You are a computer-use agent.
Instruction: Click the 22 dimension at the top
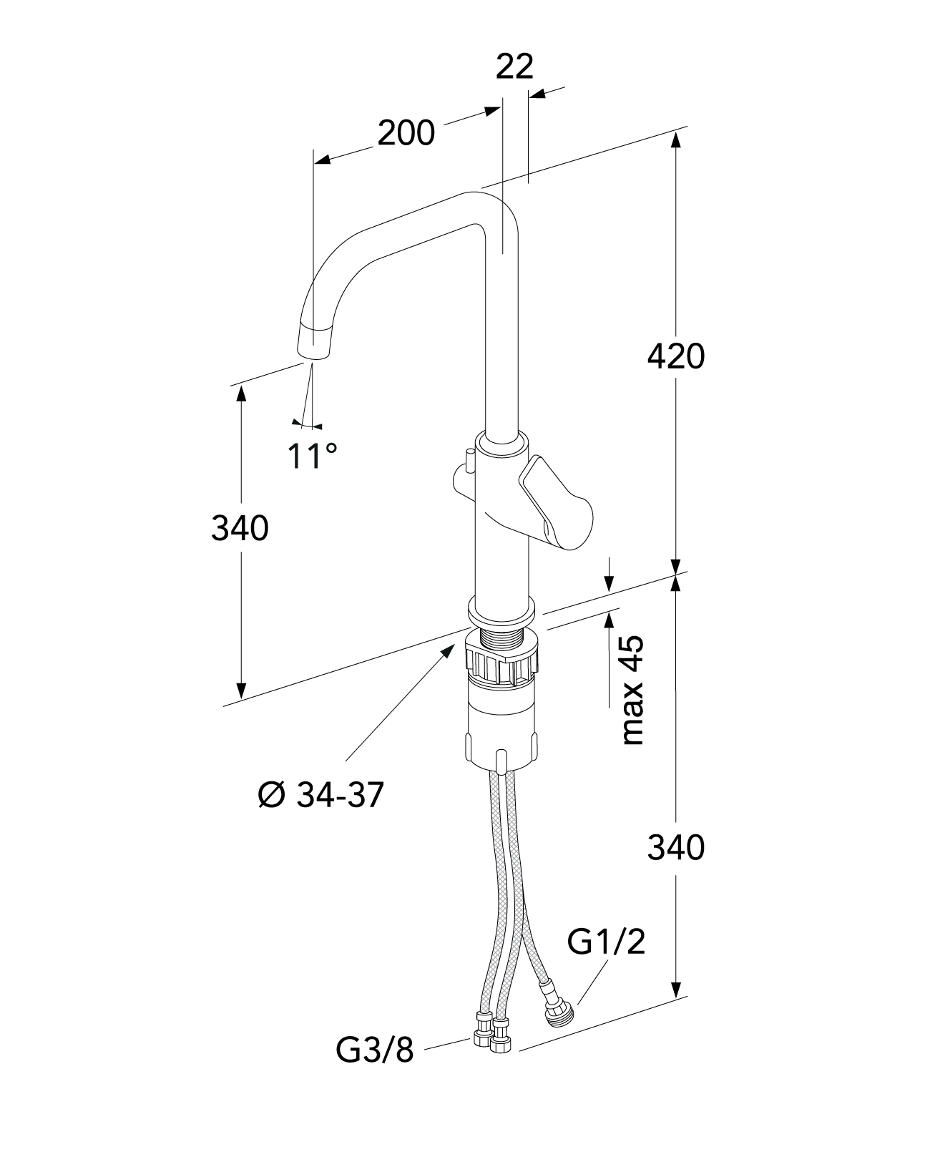pos(514,67)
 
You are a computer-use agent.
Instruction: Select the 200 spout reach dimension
pos(406,133)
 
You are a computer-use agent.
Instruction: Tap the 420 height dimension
pos(675,356)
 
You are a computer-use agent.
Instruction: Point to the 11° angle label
pos(312,455)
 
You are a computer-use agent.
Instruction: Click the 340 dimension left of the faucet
pos(240,528)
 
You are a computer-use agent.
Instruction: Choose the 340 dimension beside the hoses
pos(675,848)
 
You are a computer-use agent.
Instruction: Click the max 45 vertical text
pos(633,690)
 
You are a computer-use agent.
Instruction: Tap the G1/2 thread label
pos(606,942)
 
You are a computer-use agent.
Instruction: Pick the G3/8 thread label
pos(375,1051)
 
